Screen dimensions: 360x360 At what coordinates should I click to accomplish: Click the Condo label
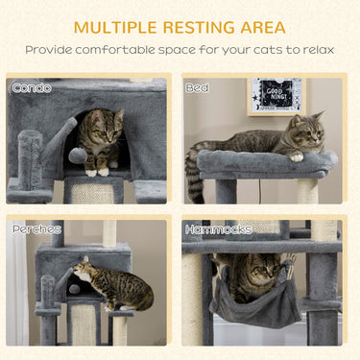pos(32,87)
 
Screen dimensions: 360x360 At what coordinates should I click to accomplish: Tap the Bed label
pos(197,87)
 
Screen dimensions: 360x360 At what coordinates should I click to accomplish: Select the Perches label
pos(36,229)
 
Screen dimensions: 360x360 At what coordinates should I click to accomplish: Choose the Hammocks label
pos(218,229)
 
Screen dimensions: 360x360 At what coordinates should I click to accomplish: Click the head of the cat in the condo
pos(108,125)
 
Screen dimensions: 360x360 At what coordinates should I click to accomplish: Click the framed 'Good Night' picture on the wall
pos(276,96)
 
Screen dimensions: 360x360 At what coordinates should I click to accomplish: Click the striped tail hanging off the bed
pos(192,178)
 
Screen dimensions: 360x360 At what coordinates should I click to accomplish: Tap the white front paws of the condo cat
pos(96,171)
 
